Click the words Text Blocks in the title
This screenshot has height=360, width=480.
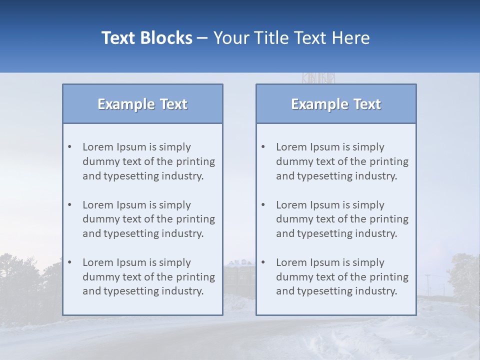[146, 38]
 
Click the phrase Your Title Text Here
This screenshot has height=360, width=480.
[291, 38]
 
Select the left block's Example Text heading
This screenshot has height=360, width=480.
[142, 104]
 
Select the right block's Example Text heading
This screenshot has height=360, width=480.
[336, 104]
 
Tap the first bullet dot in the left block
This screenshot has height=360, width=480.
[69, 147]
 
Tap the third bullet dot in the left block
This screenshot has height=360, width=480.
[69, 262]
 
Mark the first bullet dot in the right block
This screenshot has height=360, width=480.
[263, 147]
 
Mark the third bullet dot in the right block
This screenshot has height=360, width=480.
[263, 262]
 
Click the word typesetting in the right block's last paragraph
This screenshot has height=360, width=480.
[330, 291]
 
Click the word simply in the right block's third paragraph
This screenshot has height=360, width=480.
[368, 262]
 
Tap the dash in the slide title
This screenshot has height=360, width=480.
[202, 38]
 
